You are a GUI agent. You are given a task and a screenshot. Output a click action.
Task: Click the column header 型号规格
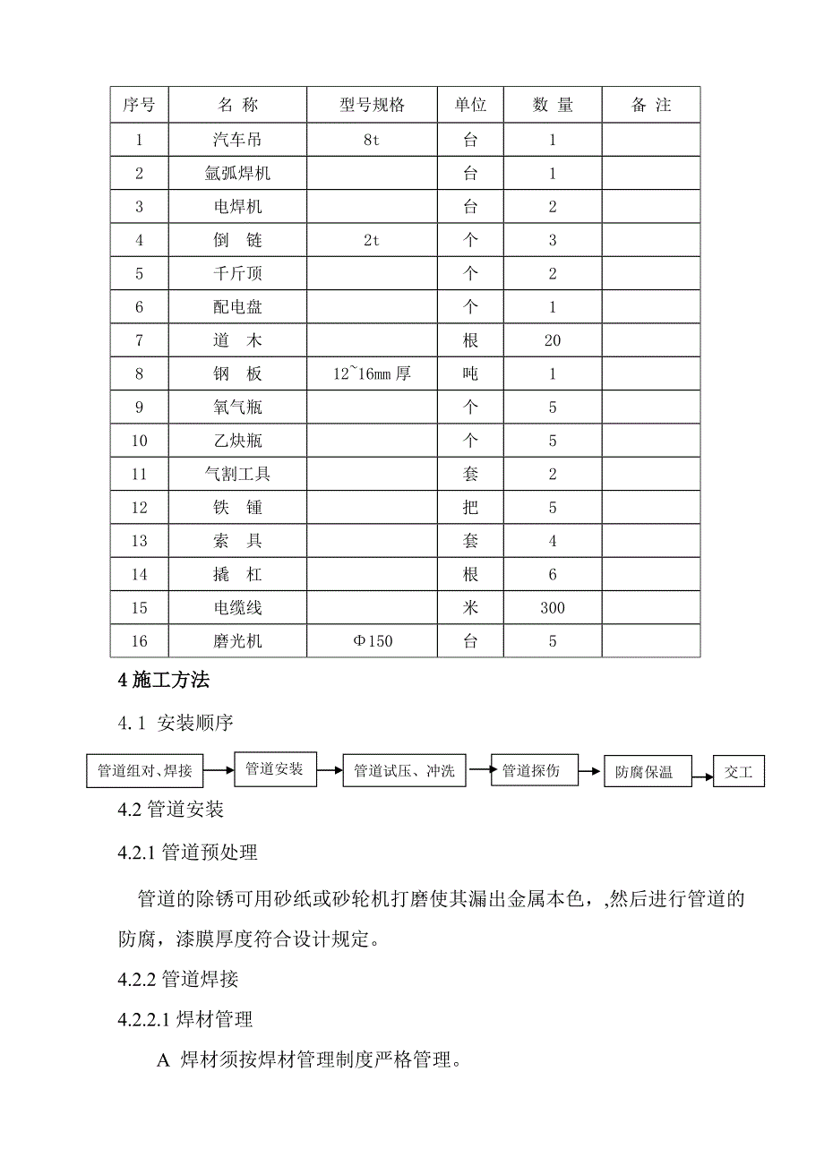(x=372, y=105)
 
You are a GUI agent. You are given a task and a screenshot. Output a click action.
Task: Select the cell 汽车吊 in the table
(x=237, y=140)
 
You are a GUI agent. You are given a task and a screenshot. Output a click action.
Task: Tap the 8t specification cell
(x=372, y=140)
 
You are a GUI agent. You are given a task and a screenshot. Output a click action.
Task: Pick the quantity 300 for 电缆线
(x=553, y=608)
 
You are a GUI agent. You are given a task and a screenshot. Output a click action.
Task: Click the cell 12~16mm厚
(x=372, y=374)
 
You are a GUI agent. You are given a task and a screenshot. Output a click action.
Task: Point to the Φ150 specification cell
(x=372, y=641)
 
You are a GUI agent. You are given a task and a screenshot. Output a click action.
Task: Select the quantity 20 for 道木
(x=553, y=340)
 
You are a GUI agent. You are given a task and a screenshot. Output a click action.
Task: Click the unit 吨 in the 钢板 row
(x=470, y=374)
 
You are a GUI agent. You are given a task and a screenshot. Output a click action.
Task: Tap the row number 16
(x=139, y=641)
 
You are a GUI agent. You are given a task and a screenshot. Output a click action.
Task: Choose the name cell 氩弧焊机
(x=237, y=174)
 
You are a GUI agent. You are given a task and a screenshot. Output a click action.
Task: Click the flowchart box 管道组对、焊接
(x=145, y=770)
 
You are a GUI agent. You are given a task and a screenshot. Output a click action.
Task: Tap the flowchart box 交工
(x=739, y=771)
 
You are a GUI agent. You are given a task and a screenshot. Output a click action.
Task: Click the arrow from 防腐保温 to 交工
(x=702, y=771)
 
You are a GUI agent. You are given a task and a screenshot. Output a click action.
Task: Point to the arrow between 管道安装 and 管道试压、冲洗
(x=330, y=769)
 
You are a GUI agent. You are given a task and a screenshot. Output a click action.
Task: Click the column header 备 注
(x=651, y=105)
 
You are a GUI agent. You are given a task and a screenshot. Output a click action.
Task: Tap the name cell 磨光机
(x=237, y=641)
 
